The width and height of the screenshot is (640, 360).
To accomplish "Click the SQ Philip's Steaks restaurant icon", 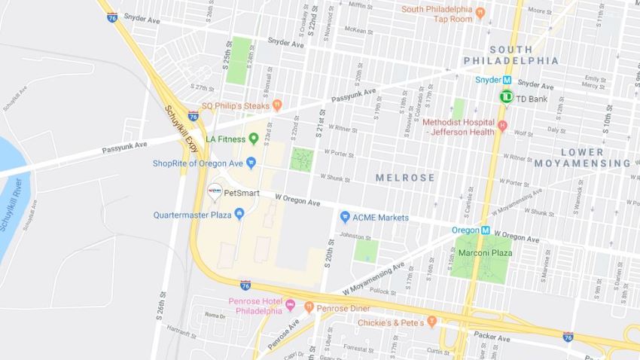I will tap(277, 105).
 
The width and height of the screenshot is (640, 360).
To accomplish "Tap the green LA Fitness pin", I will tap(254, 138).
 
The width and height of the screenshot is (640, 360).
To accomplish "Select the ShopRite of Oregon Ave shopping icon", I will tap(251, 163).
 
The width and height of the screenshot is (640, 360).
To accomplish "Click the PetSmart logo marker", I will tap(214, 191).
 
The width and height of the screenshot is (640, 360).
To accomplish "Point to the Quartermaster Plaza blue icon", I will tap(239, 214).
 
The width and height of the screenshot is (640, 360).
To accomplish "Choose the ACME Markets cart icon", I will tap(345, 217).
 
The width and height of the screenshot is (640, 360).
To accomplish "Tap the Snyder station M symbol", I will tap(507, 80).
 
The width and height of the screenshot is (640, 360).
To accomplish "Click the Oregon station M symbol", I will tap(486, 230).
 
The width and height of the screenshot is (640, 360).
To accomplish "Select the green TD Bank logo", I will tap(506, 96).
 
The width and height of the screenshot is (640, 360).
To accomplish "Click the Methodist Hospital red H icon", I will tap(502, 125).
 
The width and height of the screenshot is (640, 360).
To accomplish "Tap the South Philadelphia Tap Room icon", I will tap(480, 11).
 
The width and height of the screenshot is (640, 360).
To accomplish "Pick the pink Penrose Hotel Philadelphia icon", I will tap(290, 306).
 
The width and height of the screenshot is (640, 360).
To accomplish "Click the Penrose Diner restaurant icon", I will tap(309, 306).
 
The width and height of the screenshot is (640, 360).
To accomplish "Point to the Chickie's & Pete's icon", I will tap(431, 322).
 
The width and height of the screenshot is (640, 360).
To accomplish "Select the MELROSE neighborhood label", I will tap(405, 178).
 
